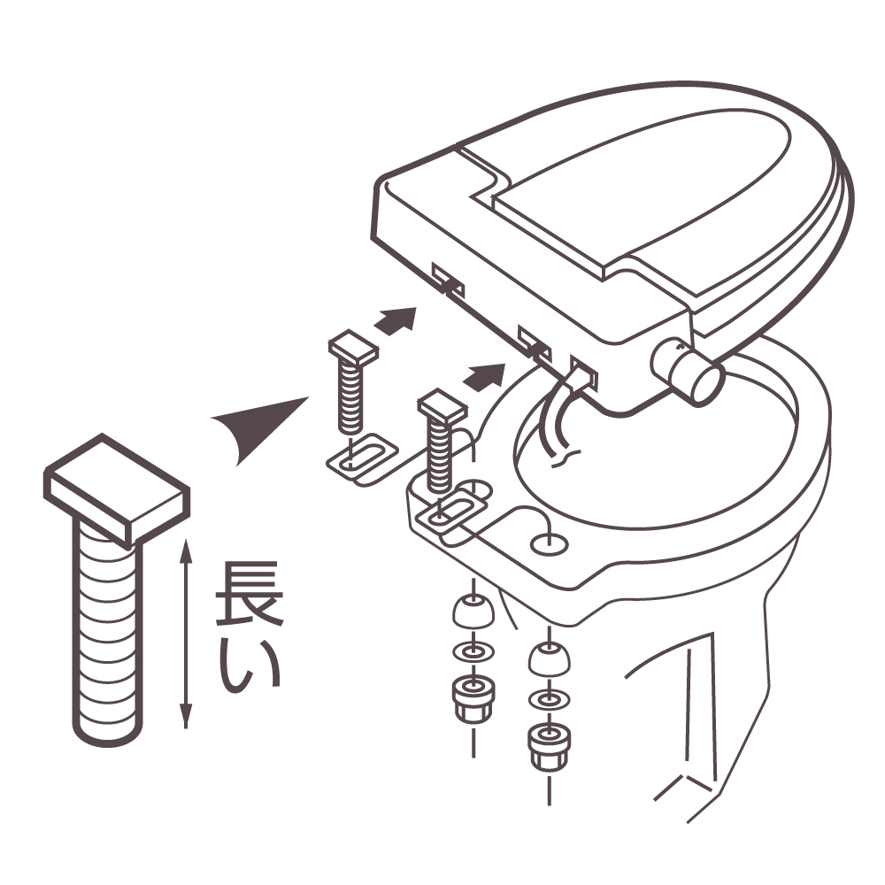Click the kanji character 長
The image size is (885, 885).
click(x=249, y=593)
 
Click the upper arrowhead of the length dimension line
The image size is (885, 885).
click(x=186, y=550)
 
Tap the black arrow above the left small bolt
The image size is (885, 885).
click(x=396, y=321)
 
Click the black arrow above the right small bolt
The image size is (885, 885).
click(x=484, y=376)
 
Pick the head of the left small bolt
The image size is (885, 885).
click(x=353, y=347)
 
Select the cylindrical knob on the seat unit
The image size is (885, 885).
click(x=687, y=372)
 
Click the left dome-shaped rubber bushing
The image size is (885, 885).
click(x=473, y=612)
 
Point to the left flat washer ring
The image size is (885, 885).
click(x=473, y=652)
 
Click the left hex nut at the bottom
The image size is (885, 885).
click(x=473, y=697)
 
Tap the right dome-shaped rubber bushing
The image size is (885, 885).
click(x=549, y=659)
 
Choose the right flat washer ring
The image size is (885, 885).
click(x=549, y=700)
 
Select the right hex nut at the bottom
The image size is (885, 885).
click(x=549, y=746)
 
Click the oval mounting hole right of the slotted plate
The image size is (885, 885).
click(x=550, y=544)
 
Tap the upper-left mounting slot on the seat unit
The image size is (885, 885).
click(x=448, y=280)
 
